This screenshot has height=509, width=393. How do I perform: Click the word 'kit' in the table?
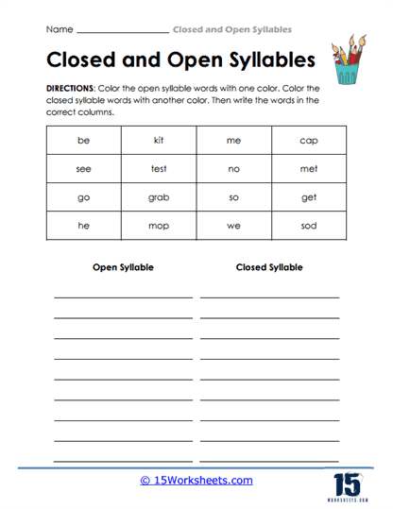159,141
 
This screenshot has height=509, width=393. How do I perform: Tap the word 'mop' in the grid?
159,228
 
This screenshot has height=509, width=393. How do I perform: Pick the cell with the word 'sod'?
309,228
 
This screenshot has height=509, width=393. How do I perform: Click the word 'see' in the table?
83,170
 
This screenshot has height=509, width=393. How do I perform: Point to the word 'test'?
159,170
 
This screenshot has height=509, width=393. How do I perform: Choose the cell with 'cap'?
309,141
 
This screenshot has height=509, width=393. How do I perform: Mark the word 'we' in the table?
233,228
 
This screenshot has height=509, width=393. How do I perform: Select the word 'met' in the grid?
309,170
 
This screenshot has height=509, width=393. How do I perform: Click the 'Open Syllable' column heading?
123,267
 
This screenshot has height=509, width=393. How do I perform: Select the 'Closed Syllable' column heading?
269,267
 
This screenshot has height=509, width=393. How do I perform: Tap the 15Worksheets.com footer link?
196,480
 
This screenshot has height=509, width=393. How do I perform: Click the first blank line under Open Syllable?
123,297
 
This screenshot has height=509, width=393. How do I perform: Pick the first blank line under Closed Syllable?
269,297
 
